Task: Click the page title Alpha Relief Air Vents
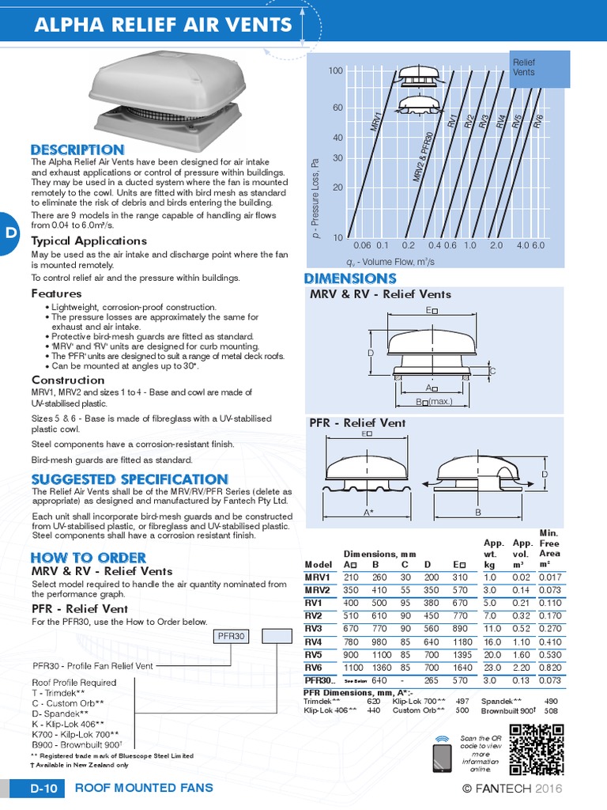(x=163, y=25)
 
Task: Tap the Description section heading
(x=77, y=150)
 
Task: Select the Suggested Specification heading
(x=130, y=479)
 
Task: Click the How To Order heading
(x=88, y=558)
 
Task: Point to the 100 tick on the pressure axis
(x=335, y=71)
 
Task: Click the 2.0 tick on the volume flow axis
(x=496, y=245)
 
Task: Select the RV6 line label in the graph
(x=538, y=121)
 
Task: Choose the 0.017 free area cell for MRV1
(x=550, y=577)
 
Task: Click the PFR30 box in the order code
(x=233, y=636)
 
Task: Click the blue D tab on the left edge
(x=9, y=233)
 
